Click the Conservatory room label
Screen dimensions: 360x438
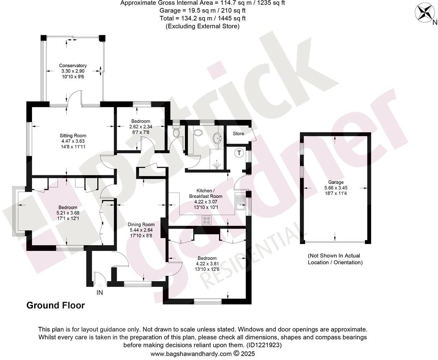point(73,66)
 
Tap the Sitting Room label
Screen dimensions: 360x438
point(73,136)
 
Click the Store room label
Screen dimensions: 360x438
point(238,134)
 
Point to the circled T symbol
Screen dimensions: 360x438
point(239,153)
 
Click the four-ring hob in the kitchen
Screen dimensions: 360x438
point(207,220)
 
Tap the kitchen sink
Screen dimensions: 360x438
point(240,202)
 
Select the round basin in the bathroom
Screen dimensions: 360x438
point(218,138)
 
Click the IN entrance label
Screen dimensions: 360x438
point(99,293)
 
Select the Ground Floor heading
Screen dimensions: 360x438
point(55,306)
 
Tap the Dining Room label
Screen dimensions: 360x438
point(141,224)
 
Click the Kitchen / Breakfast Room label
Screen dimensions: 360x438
point(206,193)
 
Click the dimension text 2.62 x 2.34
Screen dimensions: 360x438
point(140,126)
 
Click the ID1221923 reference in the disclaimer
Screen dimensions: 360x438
point(263,345)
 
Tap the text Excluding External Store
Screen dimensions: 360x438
point(202,26)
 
